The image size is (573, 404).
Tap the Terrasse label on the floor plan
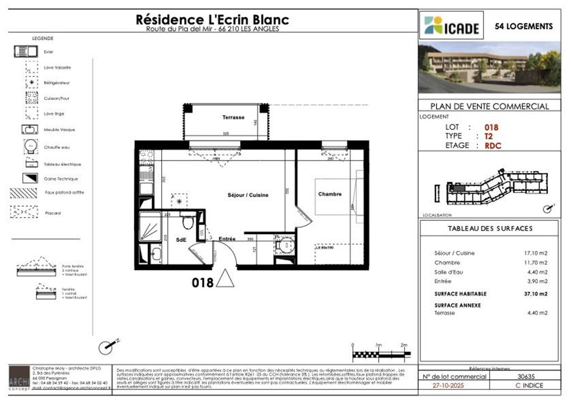pos(233,117)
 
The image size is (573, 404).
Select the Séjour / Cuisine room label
pos(248,195)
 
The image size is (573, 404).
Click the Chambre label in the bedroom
pos(330,194)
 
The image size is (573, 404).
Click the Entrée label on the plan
pos(227,239)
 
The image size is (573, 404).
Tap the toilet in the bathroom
pos(188,223)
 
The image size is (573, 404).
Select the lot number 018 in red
pos(491,127)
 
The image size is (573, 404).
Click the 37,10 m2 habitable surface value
pos(536,293)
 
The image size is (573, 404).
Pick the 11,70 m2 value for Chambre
pos(536,263)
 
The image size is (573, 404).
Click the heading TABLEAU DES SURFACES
pos(490,229)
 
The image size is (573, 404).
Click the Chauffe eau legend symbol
pos(31,147)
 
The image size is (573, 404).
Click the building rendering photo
pos(490,67)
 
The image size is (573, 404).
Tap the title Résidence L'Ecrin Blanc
pos(213,20)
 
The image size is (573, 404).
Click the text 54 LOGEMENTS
pos(524,26)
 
